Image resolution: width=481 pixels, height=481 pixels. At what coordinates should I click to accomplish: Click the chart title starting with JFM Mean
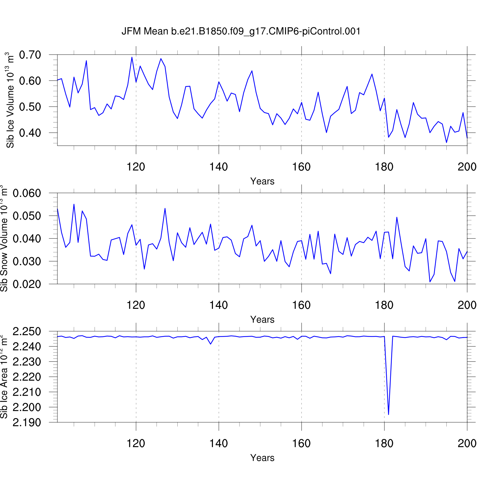click(x=241, y=31)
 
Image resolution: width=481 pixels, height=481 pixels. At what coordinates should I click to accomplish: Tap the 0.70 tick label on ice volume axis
click(x=30, y=55)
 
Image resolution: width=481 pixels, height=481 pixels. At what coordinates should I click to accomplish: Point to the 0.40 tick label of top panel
click(x=30, y=133)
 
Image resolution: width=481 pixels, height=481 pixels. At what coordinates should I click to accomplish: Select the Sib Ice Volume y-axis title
click(x=10, y=100)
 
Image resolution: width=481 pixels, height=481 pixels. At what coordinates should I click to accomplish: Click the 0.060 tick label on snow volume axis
click(x=27, y=193)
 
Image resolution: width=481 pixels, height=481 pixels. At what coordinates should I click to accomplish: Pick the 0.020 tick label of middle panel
click(x=27, y=284)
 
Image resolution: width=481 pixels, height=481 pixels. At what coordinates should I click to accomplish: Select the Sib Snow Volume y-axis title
click(x=4, y=238)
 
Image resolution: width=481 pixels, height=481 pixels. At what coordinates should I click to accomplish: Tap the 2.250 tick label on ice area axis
click(x=27, y=332)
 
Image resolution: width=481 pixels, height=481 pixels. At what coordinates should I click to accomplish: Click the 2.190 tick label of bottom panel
click(x=27, y=423)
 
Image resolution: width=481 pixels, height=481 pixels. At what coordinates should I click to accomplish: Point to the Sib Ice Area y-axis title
click(x=4, y=376)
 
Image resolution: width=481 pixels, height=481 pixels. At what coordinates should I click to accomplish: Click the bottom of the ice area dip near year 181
click(x=388, y=414)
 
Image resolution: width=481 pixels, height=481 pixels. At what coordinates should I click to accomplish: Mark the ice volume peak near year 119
click(x=132, y=57)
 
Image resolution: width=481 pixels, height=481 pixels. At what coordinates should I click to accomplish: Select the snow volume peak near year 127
click(x=165, y=208)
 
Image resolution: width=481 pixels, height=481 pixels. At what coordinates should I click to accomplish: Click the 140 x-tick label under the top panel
click(x=219, y=167)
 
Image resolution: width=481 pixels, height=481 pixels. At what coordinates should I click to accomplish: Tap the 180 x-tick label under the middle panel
click(x=384, y=305)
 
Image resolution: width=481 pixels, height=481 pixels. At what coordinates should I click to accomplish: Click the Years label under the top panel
click(x=262, y=181)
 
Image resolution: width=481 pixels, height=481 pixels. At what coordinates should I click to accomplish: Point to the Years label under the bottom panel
click(x=262, y=458)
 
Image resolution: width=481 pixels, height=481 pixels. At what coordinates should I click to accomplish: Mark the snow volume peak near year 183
click(x=397, y=217)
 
